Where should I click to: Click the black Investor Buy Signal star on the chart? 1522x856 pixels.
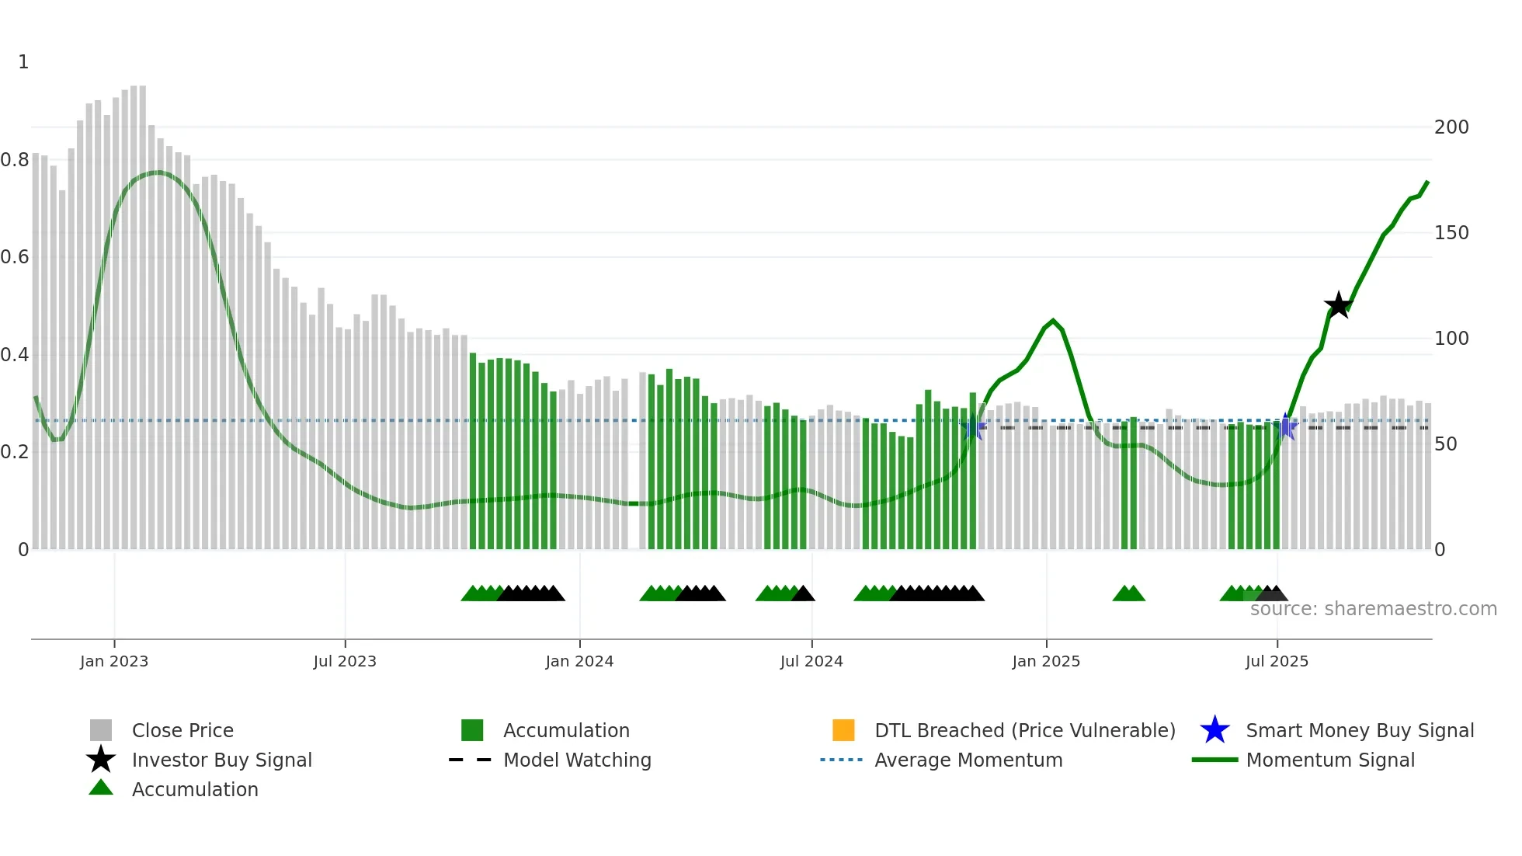(x=1338, y=305)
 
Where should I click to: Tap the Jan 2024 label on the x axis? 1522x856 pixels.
(x=579, y=661)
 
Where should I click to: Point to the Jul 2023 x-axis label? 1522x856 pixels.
(x=345, y=661)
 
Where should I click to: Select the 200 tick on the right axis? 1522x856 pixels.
(x=1451, y=127)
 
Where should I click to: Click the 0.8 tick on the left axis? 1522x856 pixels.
(x=15, y=160)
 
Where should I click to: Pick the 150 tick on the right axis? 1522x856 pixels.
(x=1451, y=233)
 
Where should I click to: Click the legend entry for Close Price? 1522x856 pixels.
(x=182, y=730)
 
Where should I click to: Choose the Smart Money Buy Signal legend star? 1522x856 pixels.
(x=1214, y=730)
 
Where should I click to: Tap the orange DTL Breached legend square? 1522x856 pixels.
(x=843, y=730)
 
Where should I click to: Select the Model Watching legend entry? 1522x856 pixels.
(x=577, y=760)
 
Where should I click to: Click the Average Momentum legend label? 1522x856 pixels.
(x=968, y=760)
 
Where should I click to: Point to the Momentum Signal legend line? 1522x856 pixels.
(x=1214, y=760)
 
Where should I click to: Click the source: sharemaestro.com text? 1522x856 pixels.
(x=1373, y=609)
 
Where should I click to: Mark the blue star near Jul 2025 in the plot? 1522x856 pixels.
(x=1286, y=426)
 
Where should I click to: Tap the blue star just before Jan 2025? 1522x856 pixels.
(x=972, y=427)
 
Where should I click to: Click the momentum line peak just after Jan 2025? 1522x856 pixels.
(x=1053, y=320)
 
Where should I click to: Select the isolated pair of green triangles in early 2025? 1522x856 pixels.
(x=1128, y=593)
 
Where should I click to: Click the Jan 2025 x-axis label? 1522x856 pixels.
(x=1046, y=661)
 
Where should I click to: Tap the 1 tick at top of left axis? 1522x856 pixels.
(x=23, y=62)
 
